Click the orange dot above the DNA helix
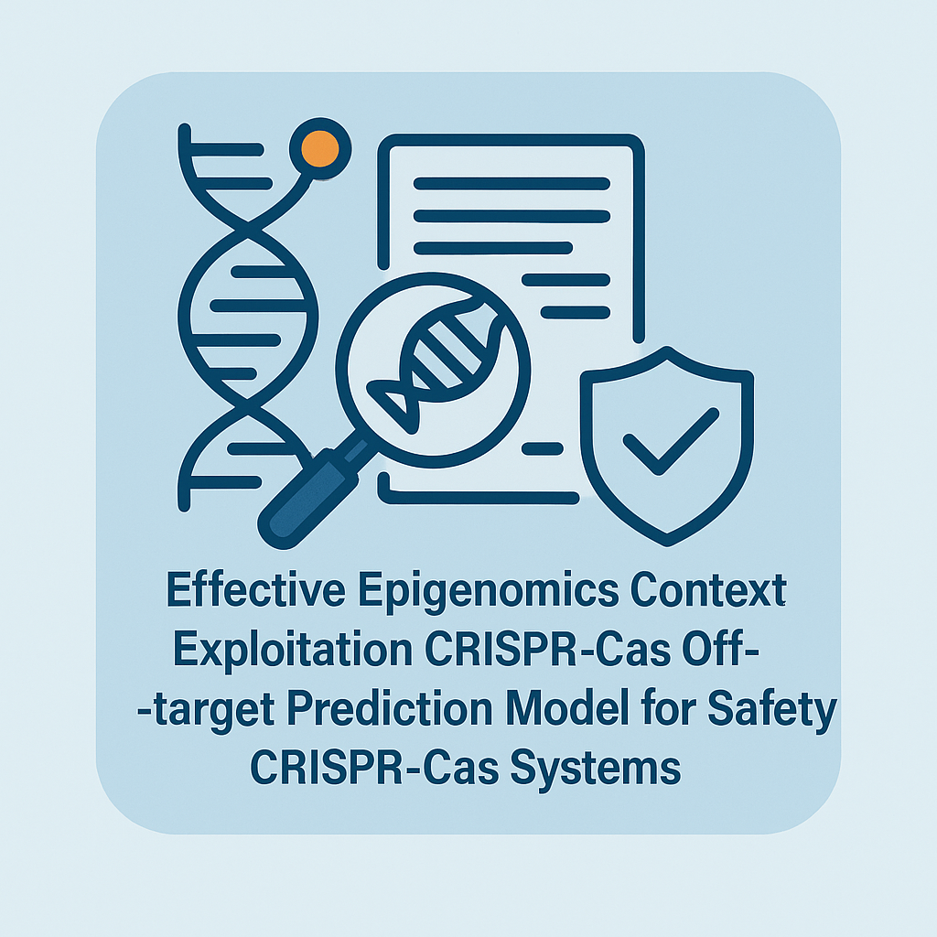coord(319,149)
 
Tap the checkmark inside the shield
coord(671,441)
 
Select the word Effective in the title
coord(256,590)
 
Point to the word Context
coord(708,590)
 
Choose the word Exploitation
coord(293,651)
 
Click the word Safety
coord(772,711)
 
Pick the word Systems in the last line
coord(595,770)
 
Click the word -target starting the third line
coord(206,711)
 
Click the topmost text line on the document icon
coord(512,183)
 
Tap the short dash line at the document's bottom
coord(543,448)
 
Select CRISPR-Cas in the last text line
coord(374,768)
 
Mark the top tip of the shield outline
coord(667,347)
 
